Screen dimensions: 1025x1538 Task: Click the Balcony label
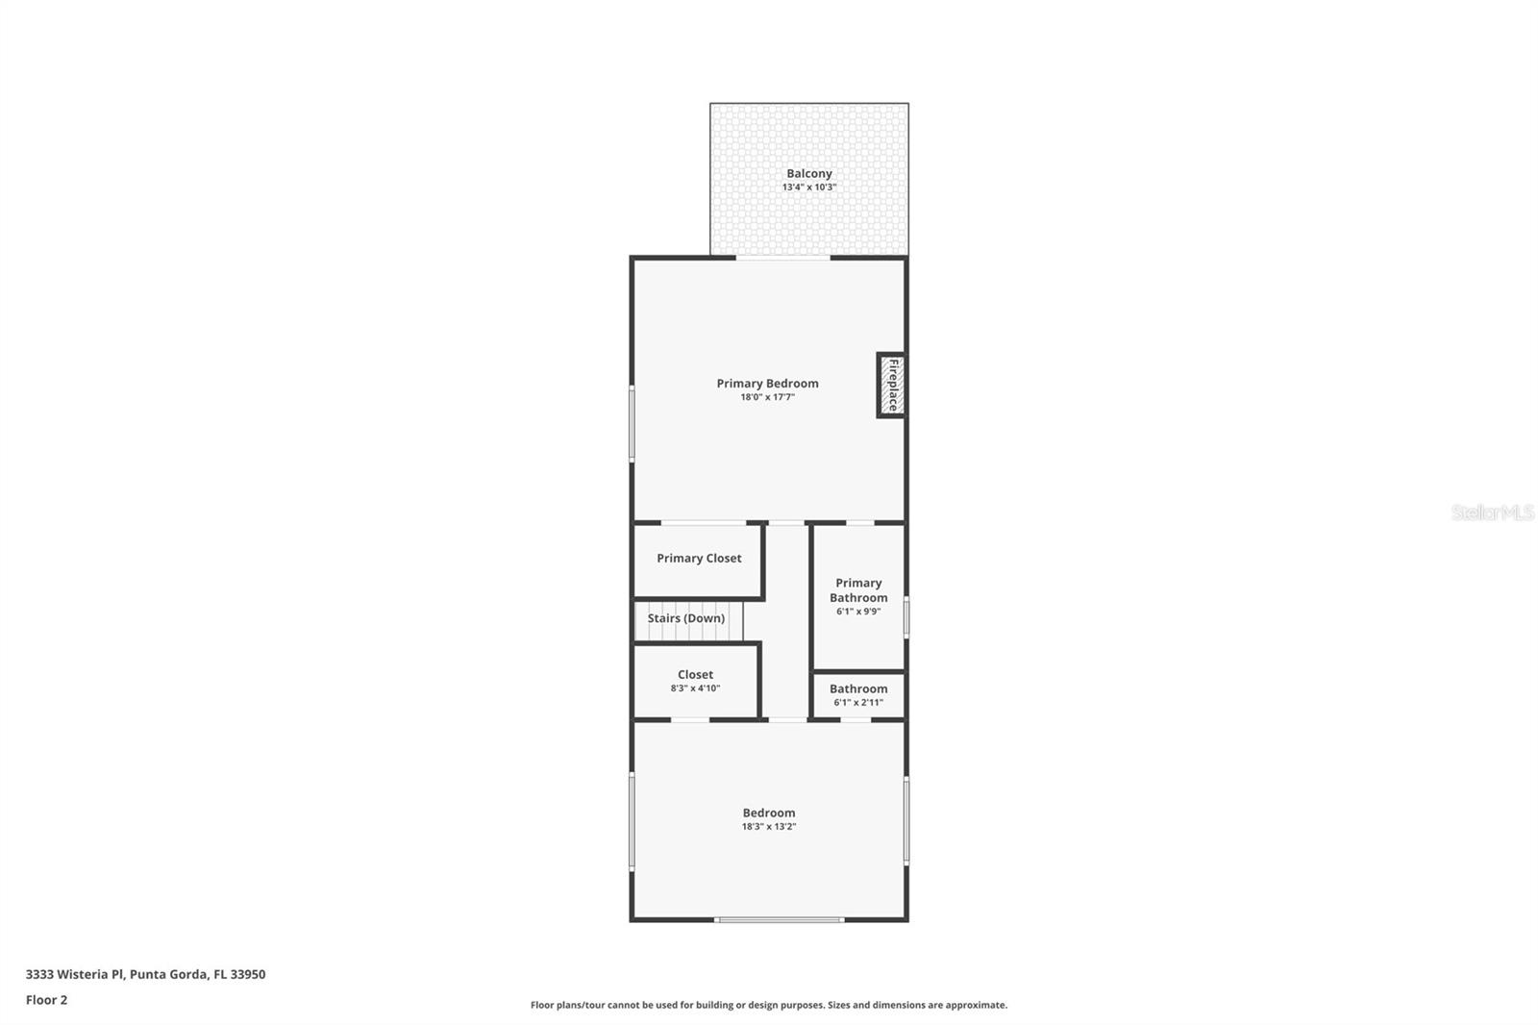(x=808, y=174)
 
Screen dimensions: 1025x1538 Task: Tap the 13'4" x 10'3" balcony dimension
(x=808, y=187)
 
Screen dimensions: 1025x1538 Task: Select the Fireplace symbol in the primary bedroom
(x=891, y=385)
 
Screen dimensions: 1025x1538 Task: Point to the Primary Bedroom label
(x=767, y=384)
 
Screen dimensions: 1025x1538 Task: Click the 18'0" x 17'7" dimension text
(x=767, y=397)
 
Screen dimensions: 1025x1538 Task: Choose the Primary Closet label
(x=699, y=559)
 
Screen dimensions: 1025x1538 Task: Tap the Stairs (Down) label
(x=685, y=618)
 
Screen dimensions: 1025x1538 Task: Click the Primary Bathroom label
(x=858, y=590)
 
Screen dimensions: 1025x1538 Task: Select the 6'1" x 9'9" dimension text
(x=858, y=612)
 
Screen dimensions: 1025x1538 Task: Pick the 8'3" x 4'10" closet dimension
(x=695, y=688)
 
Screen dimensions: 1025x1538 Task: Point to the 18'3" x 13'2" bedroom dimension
(x=768, y=827)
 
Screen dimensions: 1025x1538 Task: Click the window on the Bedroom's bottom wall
(x=780, y=920)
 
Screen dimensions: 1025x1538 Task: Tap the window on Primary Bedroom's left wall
(x=632, y=423)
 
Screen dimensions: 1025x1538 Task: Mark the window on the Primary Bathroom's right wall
(x=906, y=616)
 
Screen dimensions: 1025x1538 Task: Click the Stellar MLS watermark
(x=1492, y=512)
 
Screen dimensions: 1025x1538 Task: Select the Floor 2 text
(x=46, y=1000)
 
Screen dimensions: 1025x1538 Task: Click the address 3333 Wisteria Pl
(x=145, y=974)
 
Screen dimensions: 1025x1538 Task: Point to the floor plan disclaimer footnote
(x=768, y=1005)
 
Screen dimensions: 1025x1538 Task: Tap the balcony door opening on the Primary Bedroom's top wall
(x=782, y=258)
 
